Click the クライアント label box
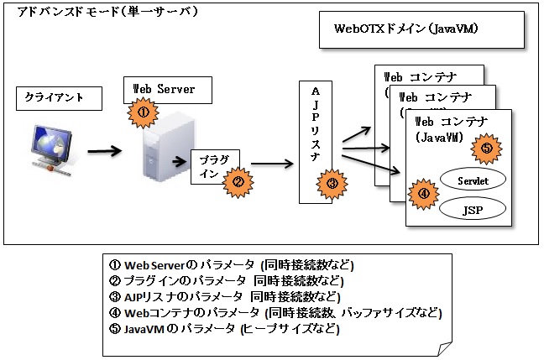point(58,97)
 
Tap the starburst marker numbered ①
point(144,111)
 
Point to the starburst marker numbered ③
point(332,184)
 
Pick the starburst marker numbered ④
point(423,193)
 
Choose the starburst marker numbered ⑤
point(487,149)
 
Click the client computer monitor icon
point(52,145)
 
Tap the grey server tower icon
point(164,147)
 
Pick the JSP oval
point(473,207)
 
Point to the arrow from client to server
point(105,151)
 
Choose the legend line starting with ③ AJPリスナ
point(225,297)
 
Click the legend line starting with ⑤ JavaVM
point(224,329)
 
